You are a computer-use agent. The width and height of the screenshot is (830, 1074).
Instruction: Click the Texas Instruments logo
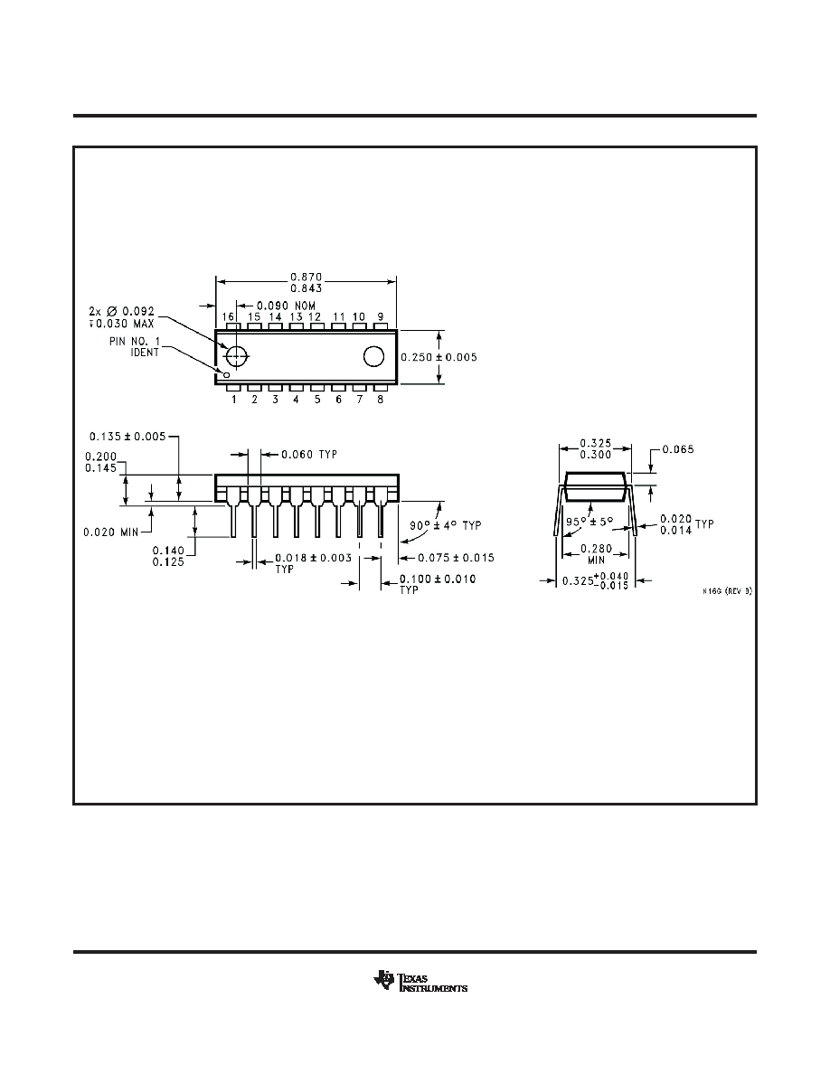[x=420, y=982]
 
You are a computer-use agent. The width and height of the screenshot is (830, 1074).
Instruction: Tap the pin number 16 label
[x=229, y=316]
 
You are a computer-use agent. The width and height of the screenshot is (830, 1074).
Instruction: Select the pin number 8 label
[x=380, y=400]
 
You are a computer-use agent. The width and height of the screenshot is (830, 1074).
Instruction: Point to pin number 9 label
[x=380, y=316]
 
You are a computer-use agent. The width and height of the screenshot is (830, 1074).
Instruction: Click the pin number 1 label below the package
[x=233, y=400]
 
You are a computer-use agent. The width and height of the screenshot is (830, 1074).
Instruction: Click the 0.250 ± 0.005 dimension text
[x=439, y=357]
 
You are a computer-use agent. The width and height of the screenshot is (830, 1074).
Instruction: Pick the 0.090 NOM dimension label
[x=286, y=306]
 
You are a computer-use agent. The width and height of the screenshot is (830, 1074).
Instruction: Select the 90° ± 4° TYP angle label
[x=446, y=525]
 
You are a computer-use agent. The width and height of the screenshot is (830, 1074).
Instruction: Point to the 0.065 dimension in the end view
[x=678, y=449]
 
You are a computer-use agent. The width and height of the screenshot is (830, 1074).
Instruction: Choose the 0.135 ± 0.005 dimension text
[x=127, y=437]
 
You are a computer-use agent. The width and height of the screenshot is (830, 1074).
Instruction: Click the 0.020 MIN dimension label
[x=110, y=532]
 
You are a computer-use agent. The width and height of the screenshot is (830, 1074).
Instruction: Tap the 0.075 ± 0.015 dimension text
[x=456, y=558]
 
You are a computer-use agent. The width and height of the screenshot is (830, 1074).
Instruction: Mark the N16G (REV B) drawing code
[x=727, y=591]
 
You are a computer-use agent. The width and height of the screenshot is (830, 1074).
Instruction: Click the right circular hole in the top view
[x=374, y=356]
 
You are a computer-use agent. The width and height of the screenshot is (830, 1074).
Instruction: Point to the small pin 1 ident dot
[x=226, y=374]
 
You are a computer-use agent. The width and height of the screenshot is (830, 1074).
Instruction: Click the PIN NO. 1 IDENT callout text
[x=134, y=346]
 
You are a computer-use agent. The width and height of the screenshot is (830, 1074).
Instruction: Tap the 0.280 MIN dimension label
[x=597, y=554]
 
